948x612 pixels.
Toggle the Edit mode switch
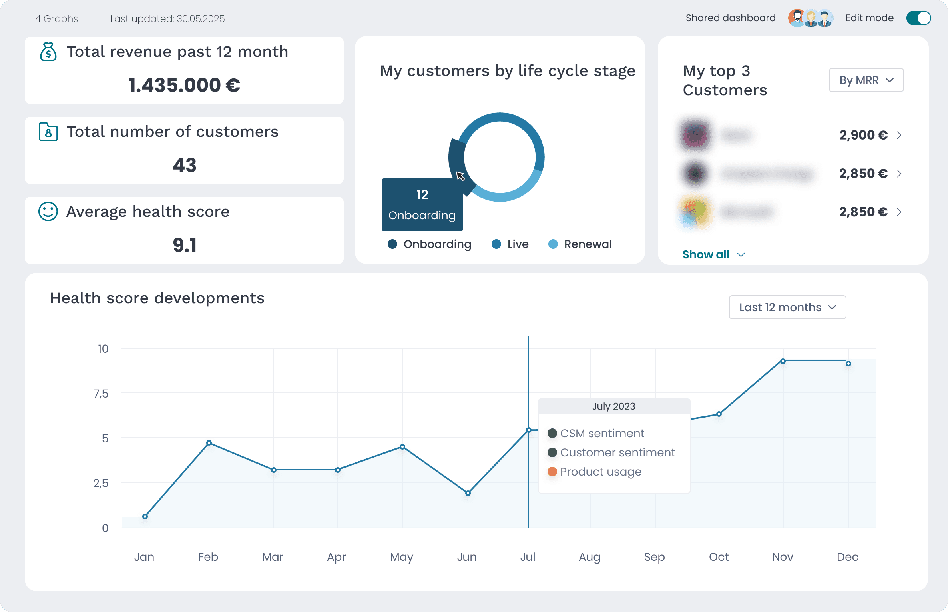point(918,18)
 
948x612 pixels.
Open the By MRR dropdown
point(866,80)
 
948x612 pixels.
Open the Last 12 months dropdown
point(787,307)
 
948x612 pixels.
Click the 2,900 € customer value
point(863,135)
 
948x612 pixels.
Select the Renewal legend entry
point(580,244)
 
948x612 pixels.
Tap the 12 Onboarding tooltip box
point(422,205)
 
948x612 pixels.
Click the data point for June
point(468,493)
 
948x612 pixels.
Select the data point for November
point(783,361)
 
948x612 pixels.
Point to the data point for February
point(209,443)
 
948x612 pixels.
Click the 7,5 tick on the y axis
point(101,394)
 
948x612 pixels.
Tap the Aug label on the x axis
point(590,557)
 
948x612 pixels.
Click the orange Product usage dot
point(552,472)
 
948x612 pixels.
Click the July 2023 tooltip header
point(613,406)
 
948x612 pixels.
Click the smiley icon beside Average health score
point(48,211)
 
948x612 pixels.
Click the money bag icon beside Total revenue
point(48,52)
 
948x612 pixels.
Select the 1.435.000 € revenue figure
point(184,85)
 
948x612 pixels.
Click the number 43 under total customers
point(184,165)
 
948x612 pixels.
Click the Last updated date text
point(167,19)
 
